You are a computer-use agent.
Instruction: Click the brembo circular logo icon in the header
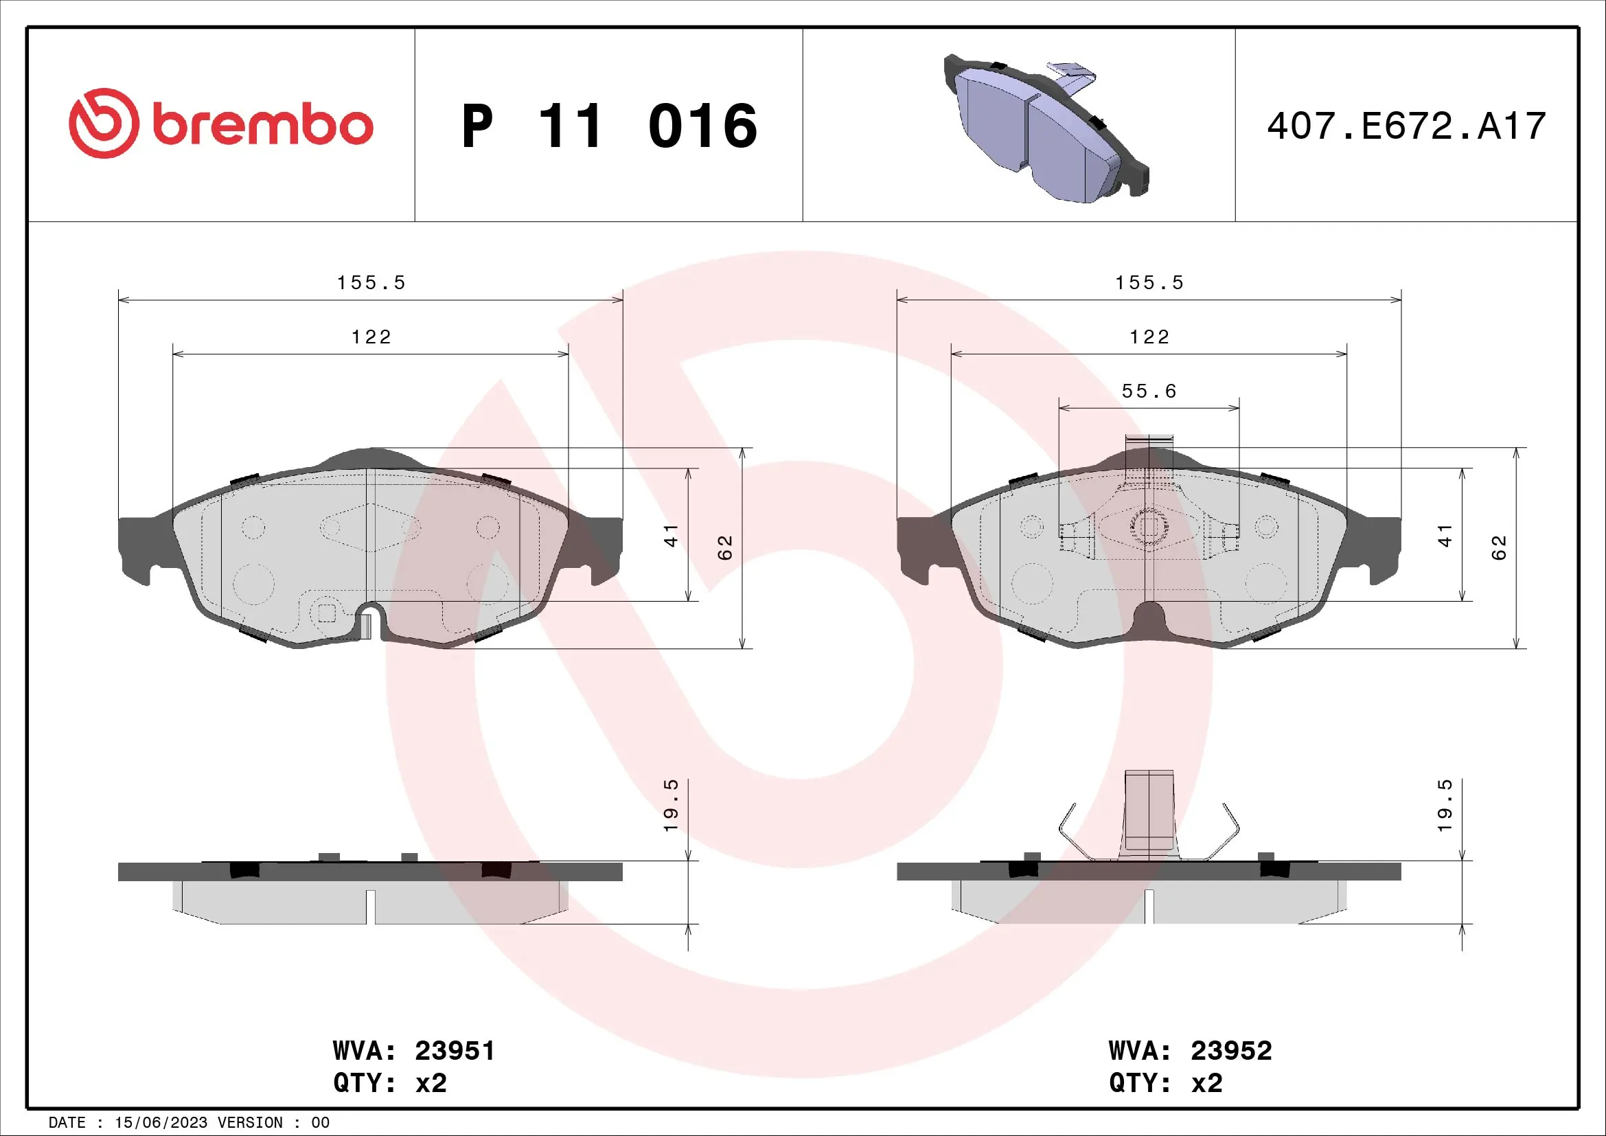click(x=104, y=123)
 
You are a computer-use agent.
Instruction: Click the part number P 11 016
click(x=608, y=126)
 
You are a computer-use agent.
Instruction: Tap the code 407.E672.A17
click(x=1406, y=126)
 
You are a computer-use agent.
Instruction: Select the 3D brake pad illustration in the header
click(x=1046, y=130)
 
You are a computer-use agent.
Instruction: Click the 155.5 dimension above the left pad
click(x=371, y=282)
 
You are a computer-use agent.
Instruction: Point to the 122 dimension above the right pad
click(x=1149, y=337)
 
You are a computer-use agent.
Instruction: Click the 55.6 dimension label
click(x=1149, y=391)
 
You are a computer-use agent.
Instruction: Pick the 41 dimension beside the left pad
click(x=671, y=535)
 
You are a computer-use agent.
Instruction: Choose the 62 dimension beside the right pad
click(x=1498, y=547)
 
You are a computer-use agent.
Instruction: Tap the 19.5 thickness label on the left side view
click(x=671, y=805)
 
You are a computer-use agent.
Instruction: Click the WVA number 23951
click(x=455, y=1051)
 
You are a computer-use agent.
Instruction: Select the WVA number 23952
click(x=1231, y=1051)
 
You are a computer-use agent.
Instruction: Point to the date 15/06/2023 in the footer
click(x=160, y=1123)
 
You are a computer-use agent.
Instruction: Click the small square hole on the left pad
click(x=327, y=613)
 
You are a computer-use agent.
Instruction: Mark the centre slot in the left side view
click(x=371, y=905)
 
